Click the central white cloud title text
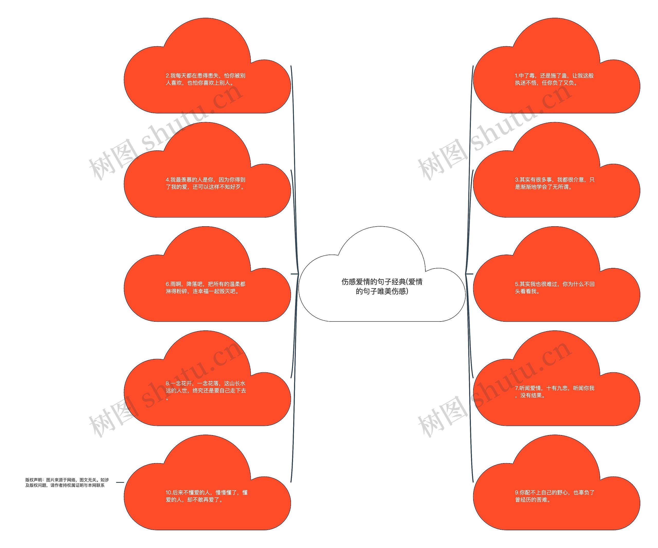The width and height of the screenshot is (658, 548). coord(382,286)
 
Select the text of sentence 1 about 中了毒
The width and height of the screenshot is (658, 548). coord(554,79)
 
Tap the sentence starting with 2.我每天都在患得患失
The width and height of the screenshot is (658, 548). coord(206,79)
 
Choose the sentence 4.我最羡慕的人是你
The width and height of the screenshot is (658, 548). coord(206,183)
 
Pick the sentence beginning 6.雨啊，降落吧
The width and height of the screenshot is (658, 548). coord(206,288)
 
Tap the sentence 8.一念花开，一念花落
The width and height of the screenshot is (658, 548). coord(206,391)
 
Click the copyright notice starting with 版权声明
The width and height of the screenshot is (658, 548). coord(67,482)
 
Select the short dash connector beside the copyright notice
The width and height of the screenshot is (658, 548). coord(120,482)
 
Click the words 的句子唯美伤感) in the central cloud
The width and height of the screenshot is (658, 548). coord(382,292)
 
